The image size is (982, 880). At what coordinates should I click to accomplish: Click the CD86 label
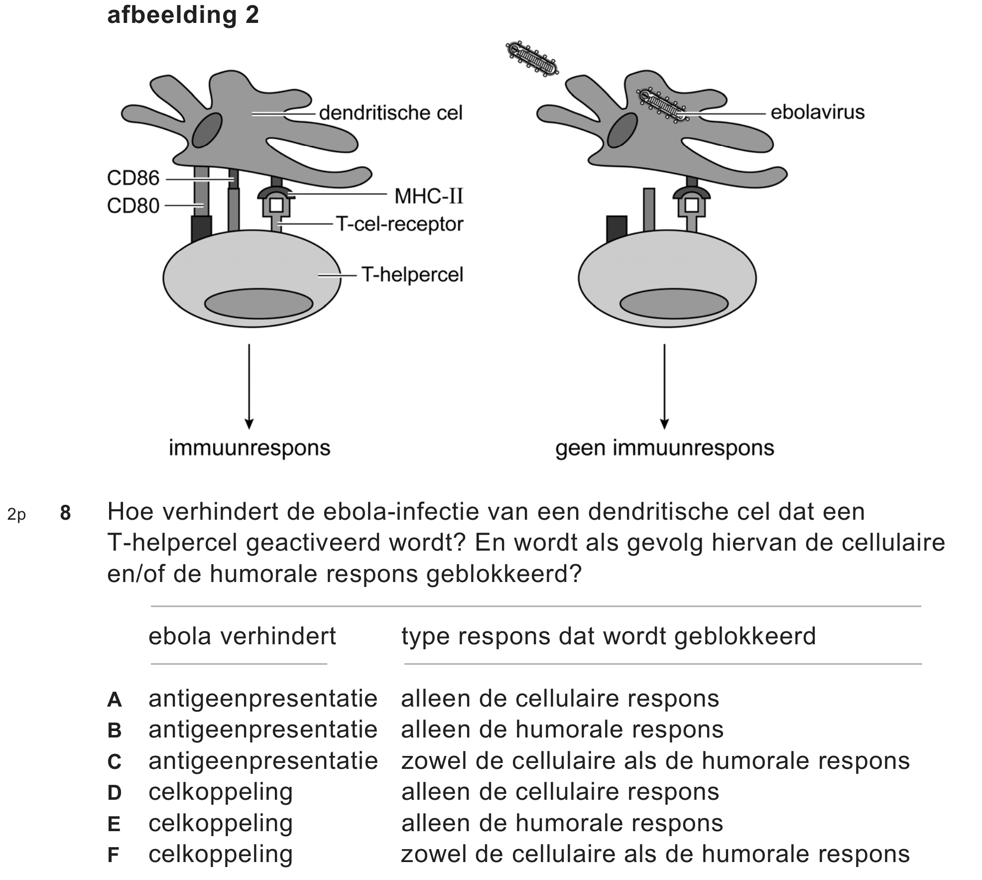(132, 178)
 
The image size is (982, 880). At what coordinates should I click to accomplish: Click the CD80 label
(132, 205)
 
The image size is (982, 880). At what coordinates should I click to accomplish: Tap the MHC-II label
(429, 196)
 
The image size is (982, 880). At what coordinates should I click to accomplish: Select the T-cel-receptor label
(400, 224)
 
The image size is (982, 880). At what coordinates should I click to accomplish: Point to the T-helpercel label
(412, 275)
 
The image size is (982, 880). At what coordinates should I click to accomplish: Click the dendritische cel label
(390, 113)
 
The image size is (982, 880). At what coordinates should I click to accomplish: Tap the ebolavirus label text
(817, 112)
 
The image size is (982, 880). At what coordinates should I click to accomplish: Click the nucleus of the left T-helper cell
(258, 303)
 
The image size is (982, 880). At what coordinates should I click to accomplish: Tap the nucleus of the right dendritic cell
(622, 131)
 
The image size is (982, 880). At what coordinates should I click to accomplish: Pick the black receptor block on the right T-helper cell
(616, 229)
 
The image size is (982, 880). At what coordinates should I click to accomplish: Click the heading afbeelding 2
(183, 15)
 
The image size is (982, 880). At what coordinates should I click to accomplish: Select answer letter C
(114, 761)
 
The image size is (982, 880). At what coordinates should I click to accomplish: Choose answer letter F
(114, 855)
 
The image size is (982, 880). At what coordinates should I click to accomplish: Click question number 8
(65, 513)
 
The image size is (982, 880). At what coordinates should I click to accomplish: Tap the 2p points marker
(16, 514)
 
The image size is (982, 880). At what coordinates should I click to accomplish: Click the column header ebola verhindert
(242, 636)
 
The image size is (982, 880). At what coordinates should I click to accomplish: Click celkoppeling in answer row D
(220, 792)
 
